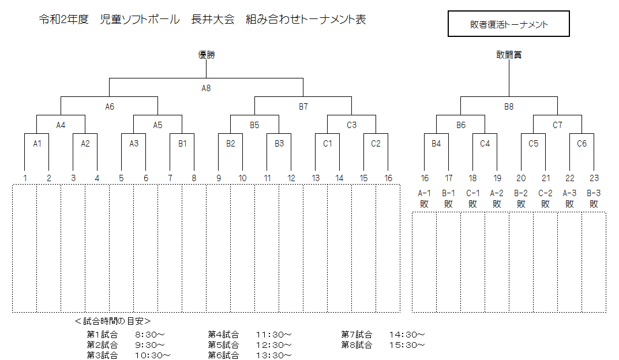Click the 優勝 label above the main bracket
tap(207, 55)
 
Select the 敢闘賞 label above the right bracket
tap(509, 55)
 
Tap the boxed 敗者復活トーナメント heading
tap(509, 24)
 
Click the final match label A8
tap(206, 88)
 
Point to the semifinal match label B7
tap(303, 107)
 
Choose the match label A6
tap(110, 107)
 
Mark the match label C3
tap(351, 125)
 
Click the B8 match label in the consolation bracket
tap(509, 107)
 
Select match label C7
tap(557, 125)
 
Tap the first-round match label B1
tap(182, 144)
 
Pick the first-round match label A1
tap(37, 144)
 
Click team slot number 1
tap(25, 178)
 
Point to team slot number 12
tap(291, 178)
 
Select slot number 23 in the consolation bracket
tap(594, 178)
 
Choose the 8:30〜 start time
tap(150, 335)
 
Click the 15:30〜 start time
tap(407, 345)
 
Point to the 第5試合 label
tap(223, 345)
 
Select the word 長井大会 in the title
tap(213, 20)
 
